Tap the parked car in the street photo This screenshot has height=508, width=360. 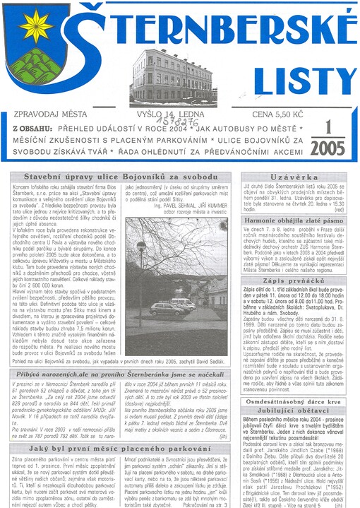167,309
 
